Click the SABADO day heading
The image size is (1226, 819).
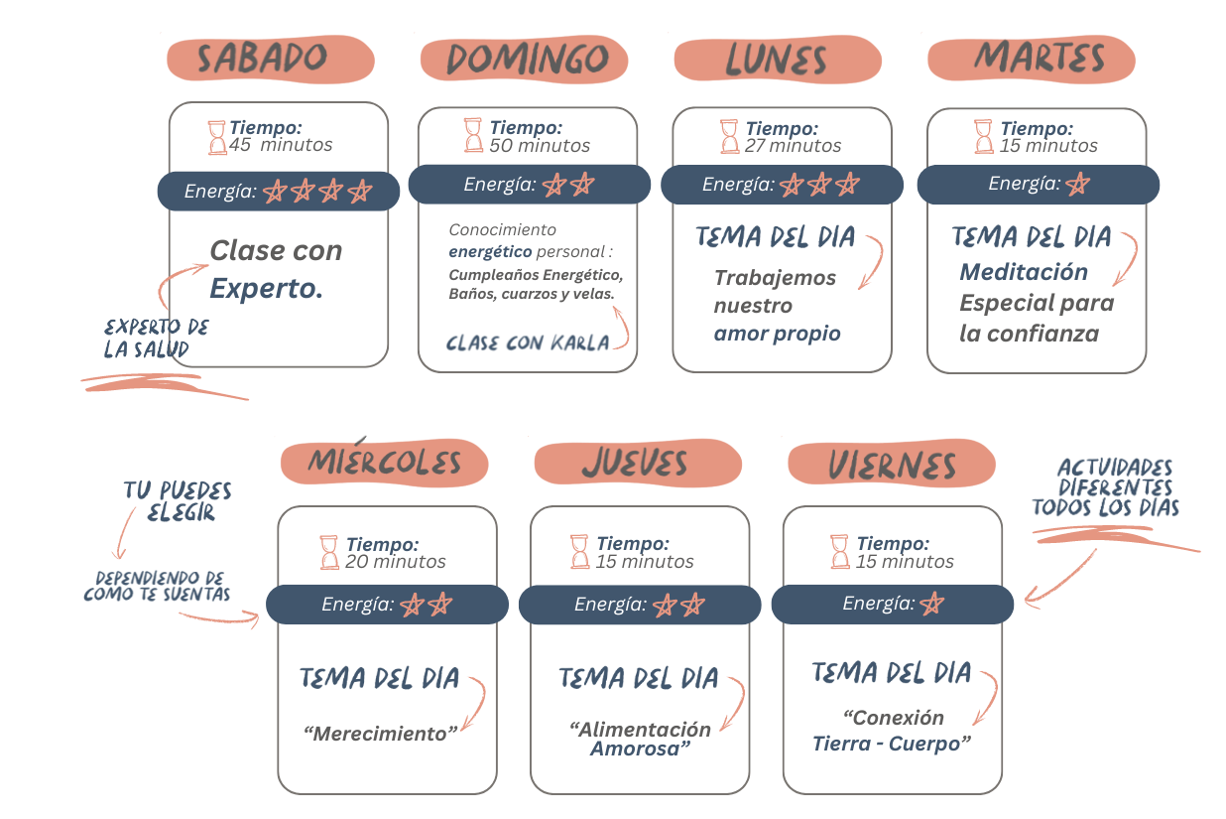click(263, 59)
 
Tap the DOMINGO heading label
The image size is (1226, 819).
click(526, 60)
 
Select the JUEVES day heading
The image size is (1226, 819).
click(635, 463)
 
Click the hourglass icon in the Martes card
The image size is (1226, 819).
click(983, 137)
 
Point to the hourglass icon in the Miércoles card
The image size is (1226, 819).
click(329, 552)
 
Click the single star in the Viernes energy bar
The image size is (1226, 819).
click(931, 604)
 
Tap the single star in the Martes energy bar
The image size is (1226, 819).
click(1077, 185)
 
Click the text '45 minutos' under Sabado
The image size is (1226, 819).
click(281, 145)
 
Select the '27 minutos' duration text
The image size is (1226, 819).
click(794, 146)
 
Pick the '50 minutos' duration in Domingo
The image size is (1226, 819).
click(540, 146)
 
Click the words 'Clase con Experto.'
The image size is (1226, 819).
click(275, 269)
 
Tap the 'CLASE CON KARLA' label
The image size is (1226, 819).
click(528, 343)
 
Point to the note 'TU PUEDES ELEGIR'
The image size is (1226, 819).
click(178, 502)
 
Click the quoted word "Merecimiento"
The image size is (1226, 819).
click(381, 735)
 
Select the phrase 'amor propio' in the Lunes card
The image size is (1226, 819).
click(777, 334)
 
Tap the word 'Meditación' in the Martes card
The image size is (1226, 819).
click(1024, 272)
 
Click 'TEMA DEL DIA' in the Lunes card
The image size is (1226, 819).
click(775, 238)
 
